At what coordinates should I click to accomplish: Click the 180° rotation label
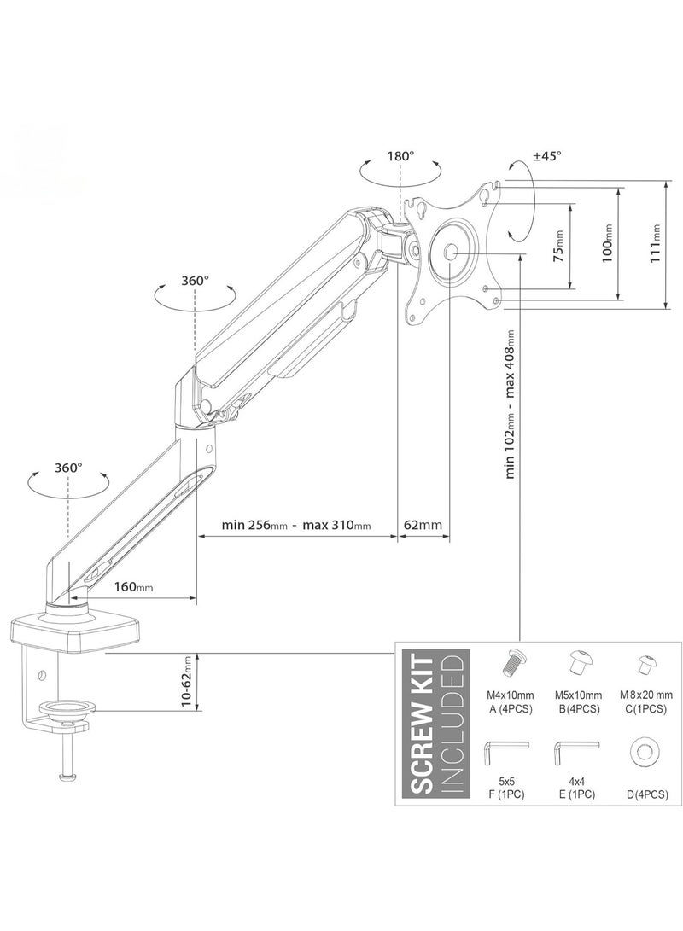(400, 156)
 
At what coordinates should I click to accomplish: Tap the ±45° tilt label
(547, 156)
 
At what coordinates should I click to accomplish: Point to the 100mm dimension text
(606, 241)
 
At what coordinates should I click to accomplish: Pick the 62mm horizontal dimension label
(424, 525)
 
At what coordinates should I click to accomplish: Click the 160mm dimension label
(133, 587)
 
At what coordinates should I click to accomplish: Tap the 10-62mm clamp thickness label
(187, 682)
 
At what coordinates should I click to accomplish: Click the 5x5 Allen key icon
(505, 751)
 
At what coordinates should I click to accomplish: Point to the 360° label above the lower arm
(68, 468)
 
